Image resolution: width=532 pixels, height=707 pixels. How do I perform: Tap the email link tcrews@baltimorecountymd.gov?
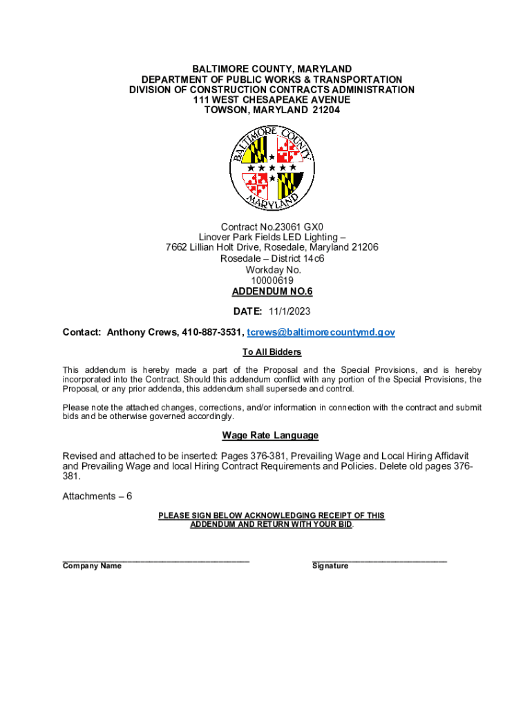321,332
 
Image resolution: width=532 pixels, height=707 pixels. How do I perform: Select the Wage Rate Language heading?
270,435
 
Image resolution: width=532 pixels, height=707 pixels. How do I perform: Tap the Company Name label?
92,566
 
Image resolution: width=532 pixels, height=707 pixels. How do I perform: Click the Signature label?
330,566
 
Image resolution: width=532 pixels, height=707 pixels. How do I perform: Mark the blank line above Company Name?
155,560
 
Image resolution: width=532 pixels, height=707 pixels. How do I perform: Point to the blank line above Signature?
379,560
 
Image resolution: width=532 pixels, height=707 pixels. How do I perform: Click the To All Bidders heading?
272,352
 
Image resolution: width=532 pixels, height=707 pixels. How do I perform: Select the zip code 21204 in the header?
325,110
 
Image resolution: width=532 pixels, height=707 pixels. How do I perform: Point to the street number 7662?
177,247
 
